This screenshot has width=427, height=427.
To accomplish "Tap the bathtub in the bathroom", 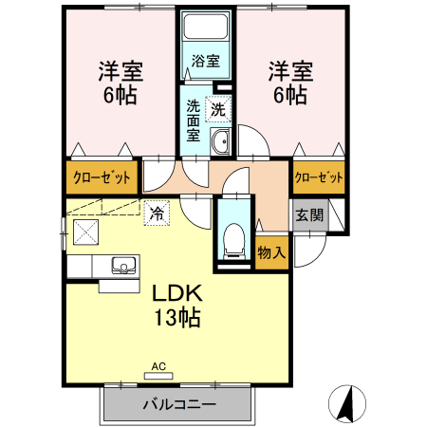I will (206, 29).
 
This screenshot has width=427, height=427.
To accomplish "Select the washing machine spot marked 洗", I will (218, 109).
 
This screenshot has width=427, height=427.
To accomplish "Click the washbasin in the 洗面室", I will (221, 143).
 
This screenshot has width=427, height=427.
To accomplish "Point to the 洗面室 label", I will (193, 121).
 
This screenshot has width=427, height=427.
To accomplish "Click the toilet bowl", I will (232, 239).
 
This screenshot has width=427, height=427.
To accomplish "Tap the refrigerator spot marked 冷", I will (156, 213).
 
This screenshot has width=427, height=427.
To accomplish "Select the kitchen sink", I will (121, 264).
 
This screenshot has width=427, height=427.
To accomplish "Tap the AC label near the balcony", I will (158, 364).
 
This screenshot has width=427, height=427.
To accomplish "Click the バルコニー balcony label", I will (179, 404).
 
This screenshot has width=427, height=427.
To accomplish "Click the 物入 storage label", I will (272, 251).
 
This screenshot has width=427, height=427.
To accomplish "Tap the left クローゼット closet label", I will (102, 176).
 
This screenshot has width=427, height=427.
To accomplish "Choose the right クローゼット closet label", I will (318, 177).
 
